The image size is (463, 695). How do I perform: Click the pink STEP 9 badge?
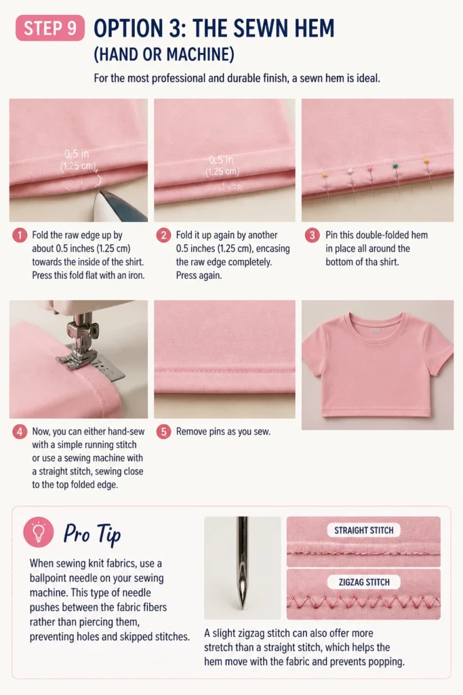(50, 28)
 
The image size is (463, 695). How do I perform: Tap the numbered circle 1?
(20, 236)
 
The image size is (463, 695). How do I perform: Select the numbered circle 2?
(164, 236)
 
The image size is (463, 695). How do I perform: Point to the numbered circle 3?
(312, 236)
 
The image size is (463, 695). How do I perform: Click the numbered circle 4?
(20, 432)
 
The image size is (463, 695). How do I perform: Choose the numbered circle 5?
(164, 432)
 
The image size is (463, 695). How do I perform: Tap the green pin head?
(395, 166)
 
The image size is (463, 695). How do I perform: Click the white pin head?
(350, 170)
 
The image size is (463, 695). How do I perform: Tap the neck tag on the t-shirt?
(376, 330)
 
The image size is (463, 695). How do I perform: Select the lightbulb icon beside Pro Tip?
(39, 532)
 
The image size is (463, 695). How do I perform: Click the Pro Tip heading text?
(92, 534)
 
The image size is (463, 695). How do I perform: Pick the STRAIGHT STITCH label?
(364, 530)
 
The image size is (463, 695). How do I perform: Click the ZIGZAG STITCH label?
(364, 582)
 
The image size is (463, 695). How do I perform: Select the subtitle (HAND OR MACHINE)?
(164, 54)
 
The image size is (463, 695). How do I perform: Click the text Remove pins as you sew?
(223, 432)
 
